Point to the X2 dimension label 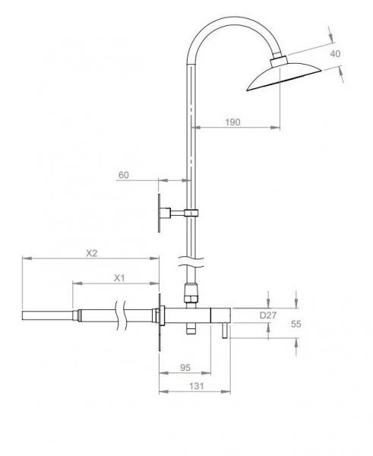[91, 253]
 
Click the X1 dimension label [119, 278]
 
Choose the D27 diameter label [268, 315]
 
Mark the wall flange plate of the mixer [160, 320]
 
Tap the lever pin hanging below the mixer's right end [224, 331]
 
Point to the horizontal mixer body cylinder [201, 314]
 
